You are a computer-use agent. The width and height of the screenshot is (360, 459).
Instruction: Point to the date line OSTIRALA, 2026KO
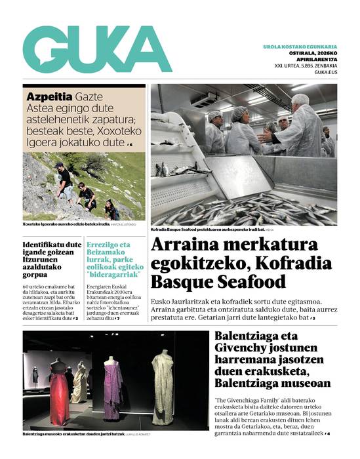point(309,54)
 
